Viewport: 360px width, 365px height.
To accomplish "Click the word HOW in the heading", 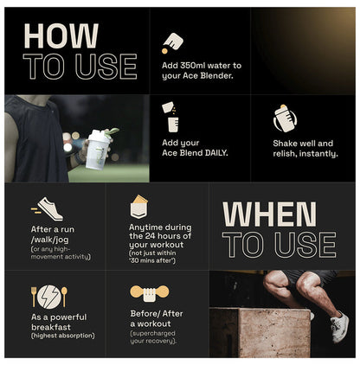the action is point(61,35).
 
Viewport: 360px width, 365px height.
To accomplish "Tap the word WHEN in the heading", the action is point(269,215).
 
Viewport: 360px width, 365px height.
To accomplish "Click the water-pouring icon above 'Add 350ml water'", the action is point(172,43).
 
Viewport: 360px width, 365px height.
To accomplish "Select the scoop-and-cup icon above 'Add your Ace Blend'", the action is point(170,117).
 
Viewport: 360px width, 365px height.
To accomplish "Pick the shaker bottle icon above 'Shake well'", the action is point(285,118).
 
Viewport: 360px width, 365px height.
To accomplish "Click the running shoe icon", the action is point(47,209).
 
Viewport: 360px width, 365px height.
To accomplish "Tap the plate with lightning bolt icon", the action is point(49,297).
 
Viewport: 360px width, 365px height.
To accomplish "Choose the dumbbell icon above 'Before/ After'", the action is point(149,293).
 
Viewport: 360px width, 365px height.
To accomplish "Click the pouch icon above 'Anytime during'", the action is point(138,207).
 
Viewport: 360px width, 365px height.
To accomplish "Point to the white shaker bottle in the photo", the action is point(98,149).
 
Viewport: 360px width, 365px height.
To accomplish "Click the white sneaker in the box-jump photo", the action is point(339,328).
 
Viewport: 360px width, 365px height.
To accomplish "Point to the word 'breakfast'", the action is point(51,327).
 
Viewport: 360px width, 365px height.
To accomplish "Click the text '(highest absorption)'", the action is point(63,336).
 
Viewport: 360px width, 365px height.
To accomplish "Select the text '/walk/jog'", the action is point(50,240).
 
